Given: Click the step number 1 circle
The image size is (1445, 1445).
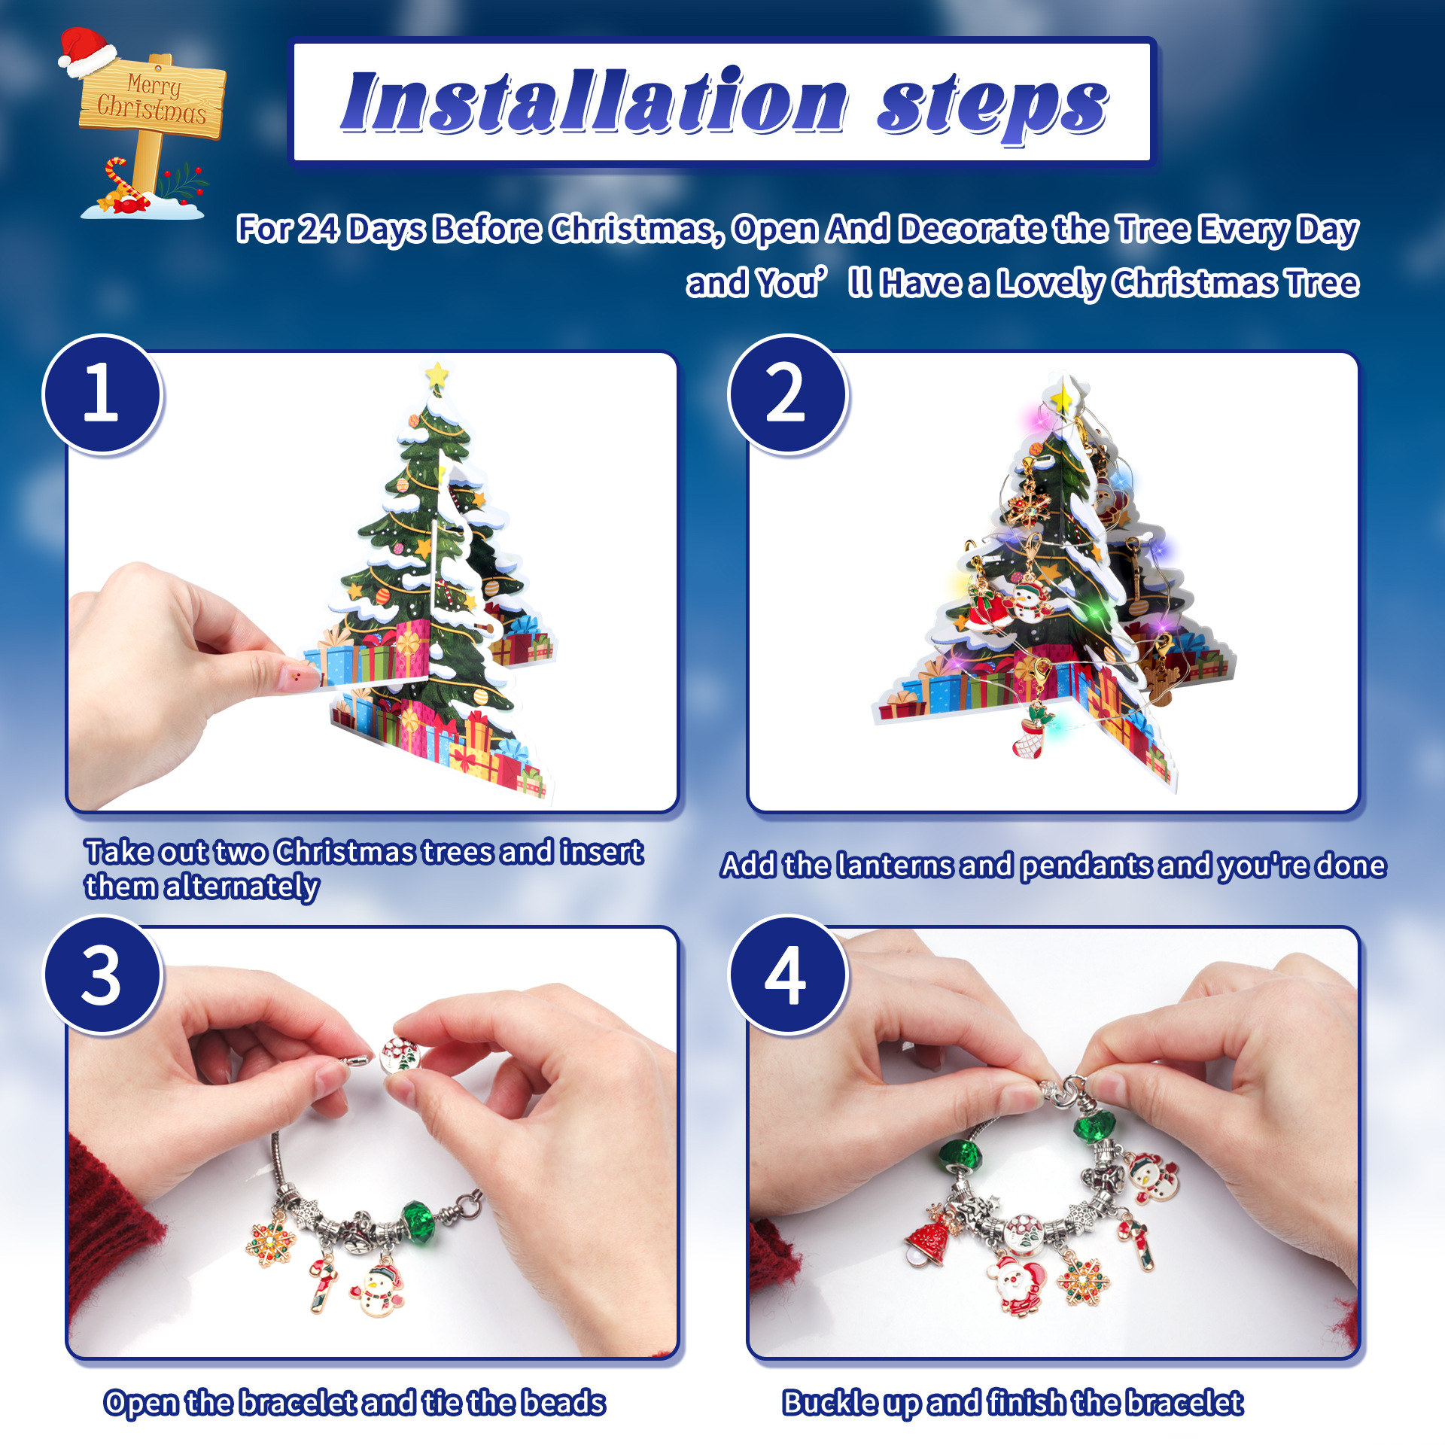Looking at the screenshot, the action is [102, 394].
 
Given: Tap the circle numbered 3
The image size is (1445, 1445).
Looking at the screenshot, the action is [102, 975].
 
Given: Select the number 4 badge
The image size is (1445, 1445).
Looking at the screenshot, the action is [788, 975].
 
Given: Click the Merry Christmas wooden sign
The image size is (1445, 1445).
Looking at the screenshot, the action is [153, 99].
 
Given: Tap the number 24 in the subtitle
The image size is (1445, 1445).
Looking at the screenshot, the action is [318, 229].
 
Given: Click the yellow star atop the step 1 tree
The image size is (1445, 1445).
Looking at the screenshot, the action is [437, 373].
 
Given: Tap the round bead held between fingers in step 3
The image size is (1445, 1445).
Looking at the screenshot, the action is [400, 1055].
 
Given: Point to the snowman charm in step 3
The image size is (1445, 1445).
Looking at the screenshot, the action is [378, 1291].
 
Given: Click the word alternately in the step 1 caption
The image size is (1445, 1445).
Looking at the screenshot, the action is [242, 887].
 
